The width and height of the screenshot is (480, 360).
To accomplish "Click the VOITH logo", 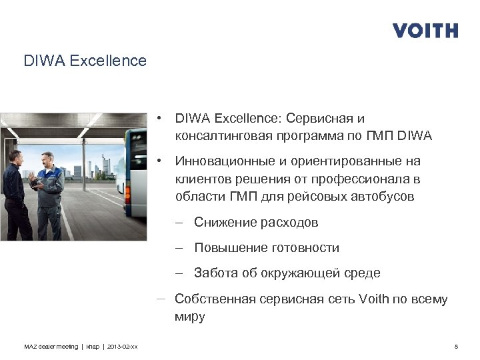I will (425, 31).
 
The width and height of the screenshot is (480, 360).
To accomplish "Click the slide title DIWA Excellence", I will (85, 61).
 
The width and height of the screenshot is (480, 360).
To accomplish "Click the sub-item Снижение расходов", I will (256, 222).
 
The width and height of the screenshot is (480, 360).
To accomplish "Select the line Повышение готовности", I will (267, 248).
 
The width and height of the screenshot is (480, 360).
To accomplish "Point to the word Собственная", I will (215, 299).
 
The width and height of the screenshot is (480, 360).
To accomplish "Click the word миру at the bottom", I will (190, 317).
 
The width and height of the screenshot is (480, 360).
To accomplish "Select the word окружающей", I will (300, 273).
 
